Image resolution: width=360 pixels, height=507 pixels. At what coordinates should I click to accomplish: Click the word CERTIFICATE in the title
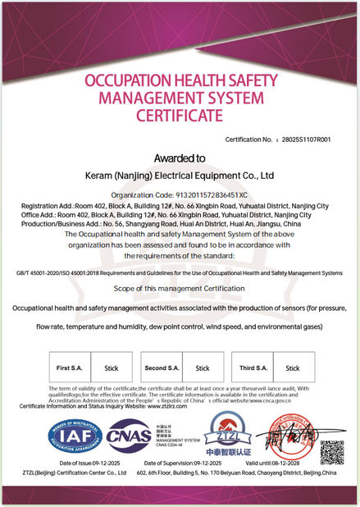tap(180, 116)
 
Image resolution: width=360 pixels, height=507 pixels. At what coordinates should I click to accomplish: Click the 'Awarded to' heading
tap(180, 158)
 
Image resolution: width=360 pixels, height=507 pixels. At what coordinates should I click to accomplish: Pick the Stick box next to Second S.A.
tap(203, 368)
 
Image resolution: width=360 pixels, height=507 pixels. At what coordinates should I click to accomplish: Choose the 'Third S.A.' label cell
tap(254, 368)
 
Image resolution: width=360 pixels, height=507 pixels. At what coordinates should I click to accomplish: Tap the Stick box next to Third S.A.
tap(293, 368)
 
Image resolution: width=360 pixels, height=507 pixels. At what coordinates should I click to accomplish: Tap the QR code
tap(331, 452)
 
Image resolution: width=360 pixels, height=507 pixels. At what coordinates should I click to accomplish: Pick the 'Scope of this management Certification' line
tap(180, 289)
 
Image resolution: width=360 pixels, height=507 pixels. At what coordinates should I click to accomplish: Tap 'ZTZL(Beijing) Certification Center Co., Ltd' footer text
tap(75, 473)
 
